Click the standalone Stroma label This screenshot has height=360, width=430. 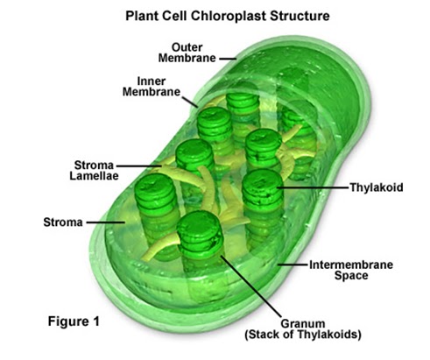click(62, 222)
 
